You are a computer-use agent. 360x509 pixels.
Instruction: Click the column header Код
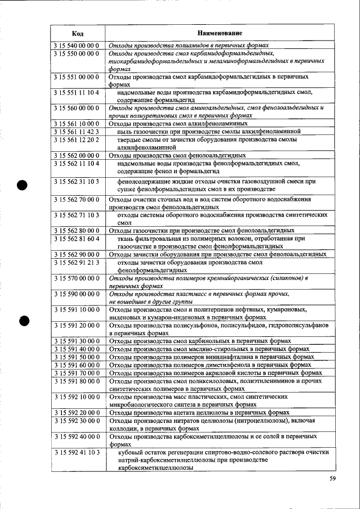pos(78,33)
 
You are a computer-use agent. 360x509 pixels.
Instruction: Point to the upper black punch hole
pos(24,186)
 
